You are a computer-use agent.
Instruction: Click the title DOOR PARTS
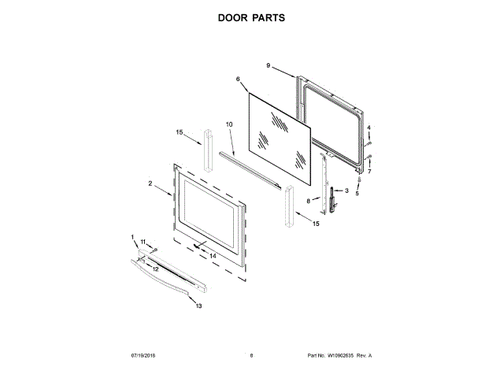(x=251, y=18)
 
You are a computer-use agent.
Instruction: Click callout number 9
(x=269, y=65)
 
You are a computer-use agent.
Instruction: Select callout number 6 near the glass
(x=237, y=80)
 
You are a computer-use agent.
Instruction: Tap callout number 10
(x=230, y=124)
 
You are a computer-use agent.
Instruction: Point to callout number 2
(x=150, y=183)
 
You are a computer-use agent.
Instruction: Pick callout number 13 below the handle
(x=198, y=306)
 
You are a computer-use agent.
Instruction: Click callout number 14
(x=213, y=255)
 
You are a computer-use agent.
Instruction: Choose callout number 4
(x=369, y=128)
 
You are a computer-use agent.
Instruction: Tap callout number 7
(x=369, y=171)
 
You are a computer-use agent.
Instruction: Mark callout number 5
(x=357, y=193)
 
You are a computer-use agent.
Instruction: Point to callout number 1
(x=133, y=237)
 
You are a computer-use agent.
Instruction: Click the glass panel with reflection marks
(x=280, y=132)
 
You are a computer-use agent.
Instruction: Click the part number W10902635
(x=341, y=356)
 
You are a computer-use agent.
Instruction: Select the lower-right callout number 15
(x=316, y=224)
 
